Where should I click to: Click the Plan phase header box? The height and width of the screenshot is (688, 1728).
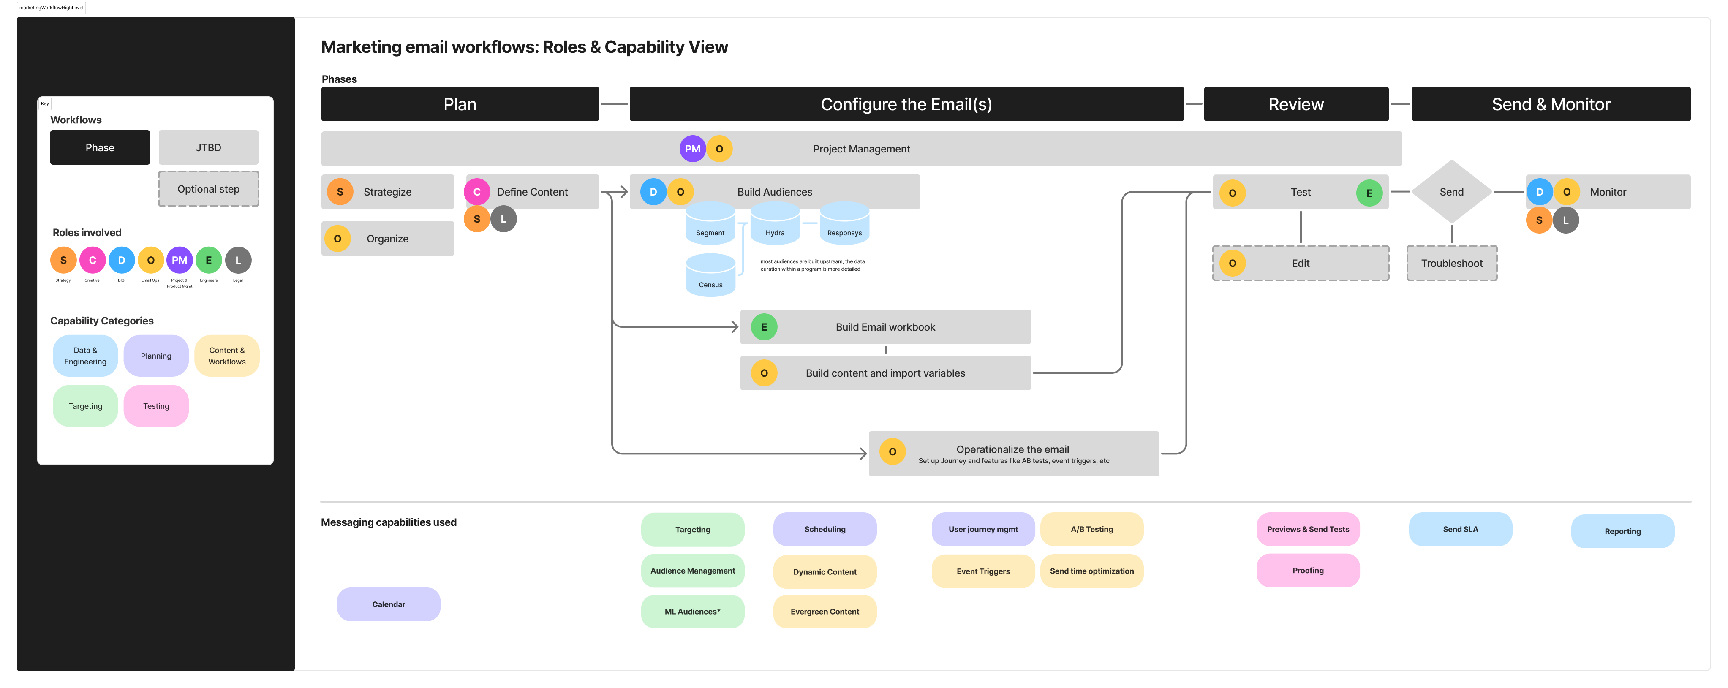click(x=460, y=104)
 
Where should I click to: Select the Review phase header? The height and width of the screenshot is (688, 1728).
click(x=1295, y=104)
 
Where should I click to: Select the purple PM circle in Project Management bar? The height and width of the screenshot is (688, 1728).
click(x=692, y=149)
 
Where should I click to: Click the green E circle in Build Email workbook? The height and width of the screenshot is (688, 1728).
click(x=763, y=327)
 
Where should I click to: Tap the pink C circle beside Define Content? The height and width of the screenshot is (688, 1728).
click(x=477, y=192)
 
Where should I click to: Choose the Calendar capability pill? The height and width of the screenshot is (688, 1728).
click(x=389, y=604)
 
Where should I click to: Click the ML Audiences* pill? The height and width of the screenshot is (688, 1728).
click(x=692, y=612)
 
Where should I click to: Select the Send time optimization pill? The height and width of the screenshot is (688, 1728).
click(x=1091, y=571)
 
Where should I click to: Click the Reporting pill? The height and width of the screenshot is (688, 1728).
click(x=1622, y=531)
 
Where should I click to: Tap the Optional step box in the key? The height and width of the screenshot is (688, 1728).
click(x=208, y=189)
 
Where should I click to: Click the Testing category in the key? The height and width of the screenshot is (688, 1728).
click(x=155, y=406)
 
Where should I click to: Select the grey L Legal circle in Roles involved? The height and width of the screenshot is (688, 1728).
click(x=237, y=260)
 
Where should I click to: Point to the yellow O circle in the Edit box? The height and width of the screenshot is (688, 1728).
click(x=1232, y=264)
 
